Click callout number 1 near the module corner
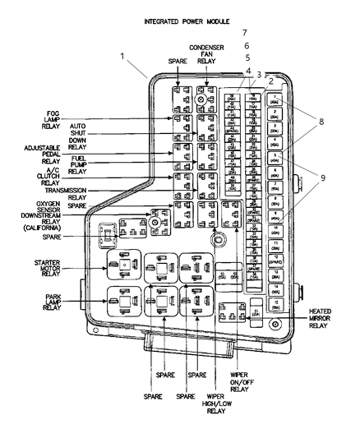point(122,58)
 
